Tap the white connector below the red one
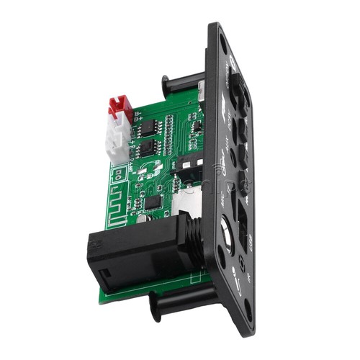coord(116,141)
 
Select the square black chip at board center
coord(151,202)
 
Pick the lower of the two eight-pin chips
coord(148,150)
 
